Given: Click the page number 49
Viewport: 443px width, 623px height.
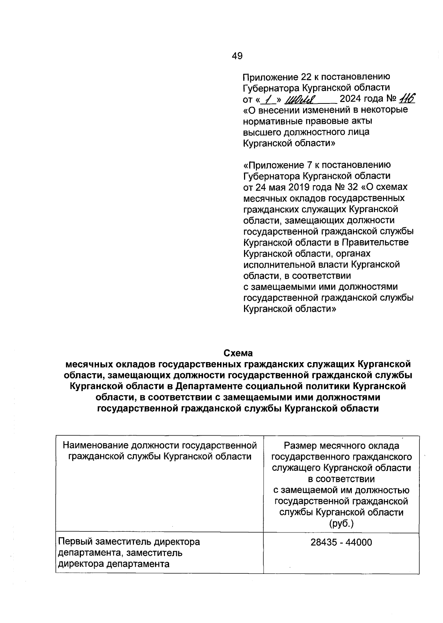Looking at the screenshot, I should pos(237,56).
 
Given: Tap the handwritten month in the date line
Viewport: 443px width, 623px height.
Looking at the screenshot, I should pos(301,99).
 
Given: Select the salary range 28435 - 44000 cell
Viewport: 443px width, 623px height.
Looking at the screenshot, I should pos(341,542).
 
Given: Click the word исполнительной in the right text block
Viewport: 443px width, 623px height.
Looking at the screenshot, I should pos(277,265).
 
